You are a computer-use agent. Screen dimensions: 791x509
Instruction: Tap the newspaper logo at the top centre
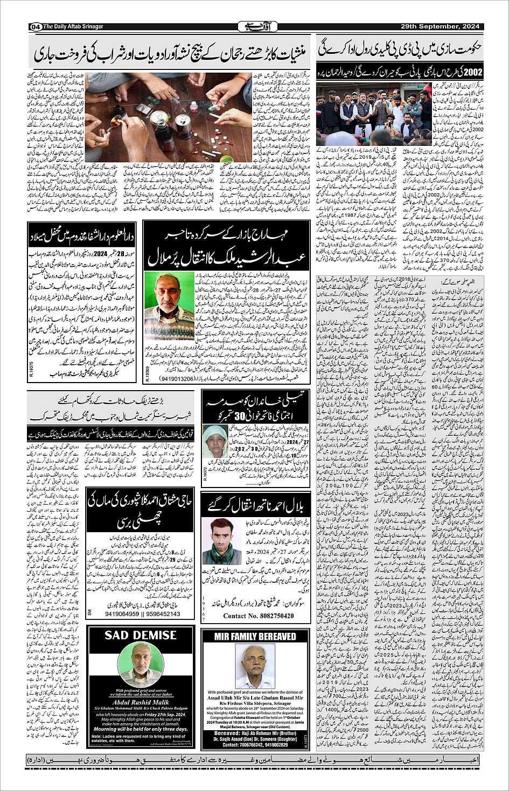[x=254, y=26]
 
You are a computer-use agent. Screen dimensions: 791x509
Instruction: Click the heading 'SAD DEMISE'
[x=141, y=635]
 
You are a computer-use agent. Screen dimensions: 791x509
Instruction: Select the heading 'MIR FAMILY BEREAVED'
[x=255, y=637]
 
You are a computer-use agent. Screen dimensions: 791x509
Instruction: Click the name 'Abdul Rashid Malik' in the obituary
[x=141, y=705]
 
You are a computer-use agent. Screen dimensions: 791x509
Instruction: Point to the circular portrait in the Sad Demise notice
[x=141, y=667]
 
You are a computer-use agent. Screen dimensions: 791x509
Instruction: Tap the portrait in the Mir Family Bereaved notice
[x=255, y=666]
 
